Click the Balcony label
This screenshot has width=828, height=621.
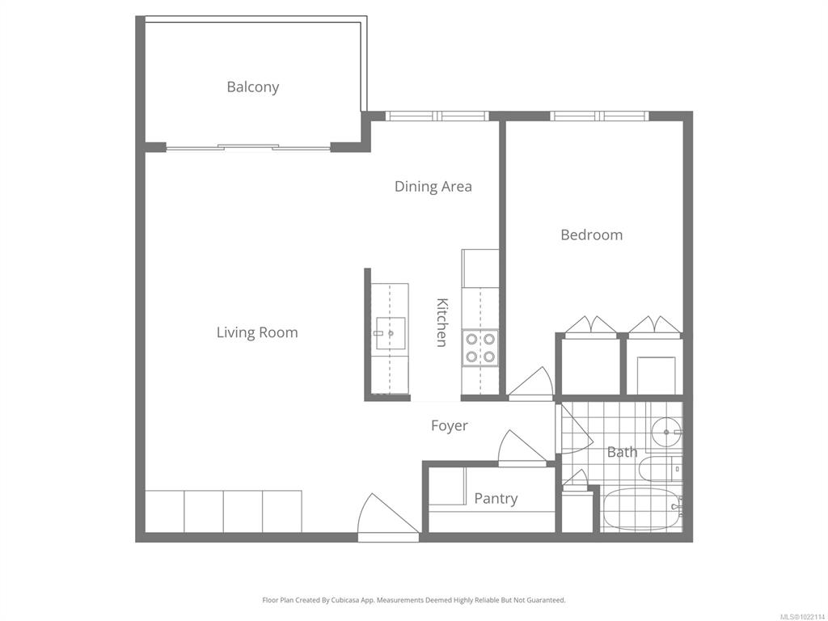click(x=253, y=87)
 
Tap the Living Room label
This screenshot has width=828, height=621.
click(x=257, y=332)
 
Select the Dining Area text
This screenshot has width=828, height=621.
click(x=433, y=187)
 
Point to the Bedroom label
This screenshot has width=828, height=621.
click(x=591, y=234)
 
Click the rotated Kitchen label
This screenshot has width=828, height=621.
click(x=442, y=322)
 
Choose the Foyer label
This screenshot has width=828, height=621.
click(x=450, y=425)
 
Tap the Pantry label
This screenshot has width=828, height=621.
click(x=496, y=498)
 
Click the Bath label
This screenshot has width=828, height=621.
click(x=622, y=452)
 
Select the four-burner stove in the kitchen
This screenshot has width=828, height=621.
click(x=480, y=348)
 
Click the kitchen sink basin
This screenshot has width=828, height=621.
click(x=391, y=333)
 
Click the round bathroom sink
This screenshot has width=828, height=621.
click(x=666, y=432)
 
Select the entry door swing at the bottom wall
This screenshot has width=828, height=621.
click(x=388, y=517)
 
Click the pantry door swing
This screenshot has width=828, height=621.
click(x=522, y=448)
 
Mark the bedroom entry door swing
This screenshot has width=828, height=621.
click(x=530, y=384)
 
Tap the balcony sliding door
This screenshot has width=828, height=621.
click(x=248, y=147)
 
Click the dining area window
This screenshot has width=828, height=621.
click(x=437, y=116)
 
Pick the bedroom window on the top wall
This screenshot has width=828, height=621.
click(x=599, y=116)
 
